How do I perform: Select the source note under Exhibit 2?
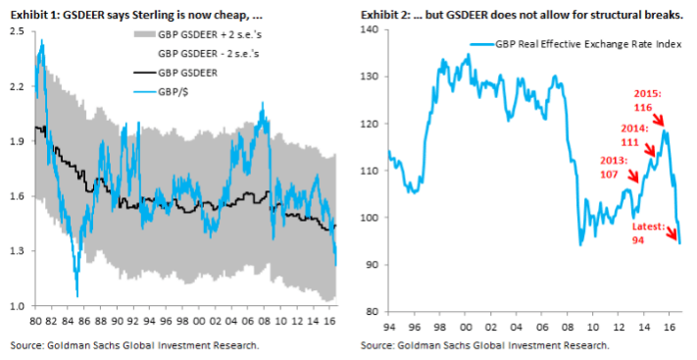[x=484, y=344]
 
